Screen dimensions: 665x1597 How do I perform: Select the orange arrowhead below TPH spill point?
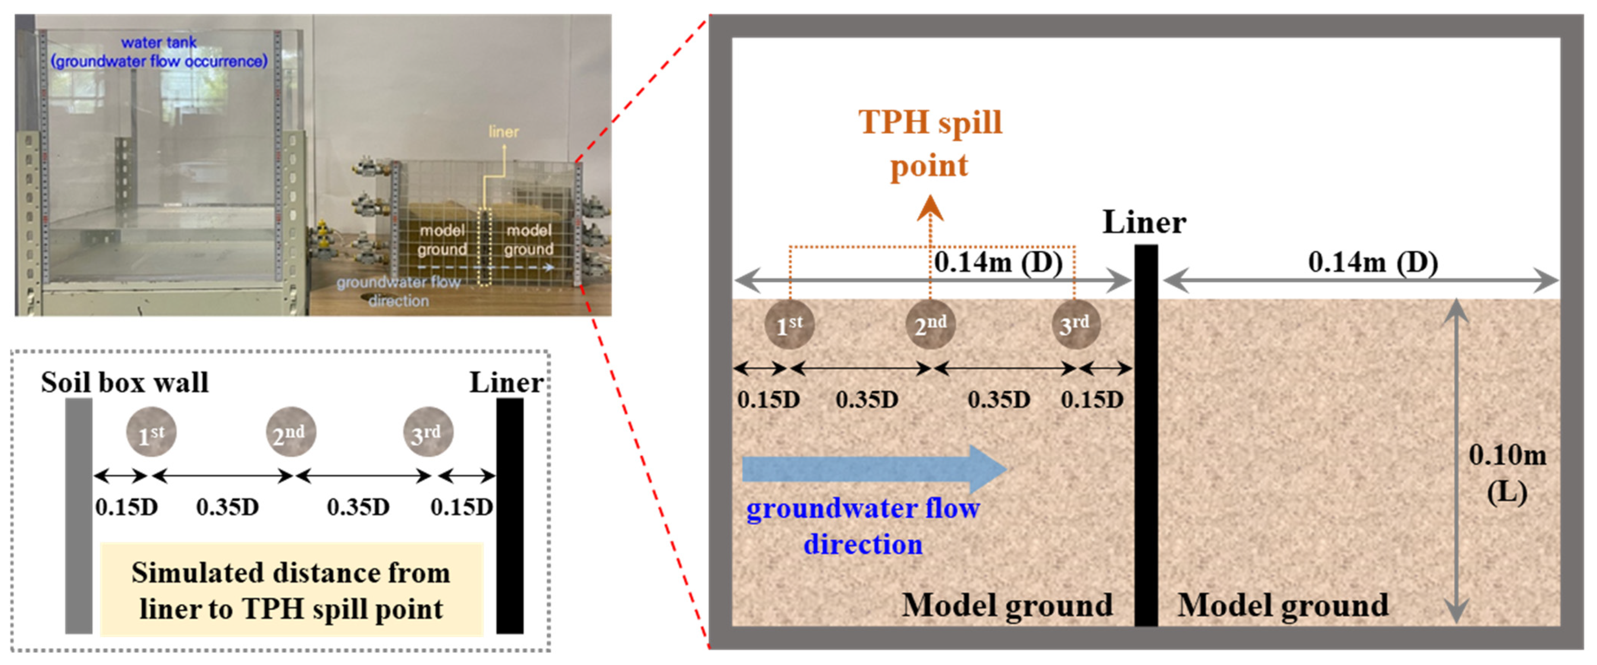(x=930, y=208)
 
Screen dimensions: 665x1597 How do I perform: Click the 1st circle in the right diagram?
(x=789, y=324)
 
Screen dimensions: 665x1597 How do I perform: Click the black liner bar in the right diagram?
(x=1146, y=434)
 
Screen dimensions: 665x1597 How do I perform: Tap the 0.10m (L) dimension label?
(x=1507, y=474)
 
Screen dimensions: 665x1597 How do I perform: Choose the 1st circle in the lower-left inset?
(x=151, y=432)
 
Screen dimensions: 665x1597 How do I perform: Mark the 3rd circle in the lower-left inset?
(x=428, y=432)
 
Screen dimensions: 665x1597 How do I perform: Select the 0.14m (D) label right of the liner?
(x=1372, y=262)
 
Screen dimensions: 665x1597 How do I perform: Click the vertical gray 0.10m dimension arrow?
(x=1457, y=462)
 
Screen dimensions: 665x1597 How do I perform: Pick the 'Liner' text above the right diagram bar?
(x=1144, y=222)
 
